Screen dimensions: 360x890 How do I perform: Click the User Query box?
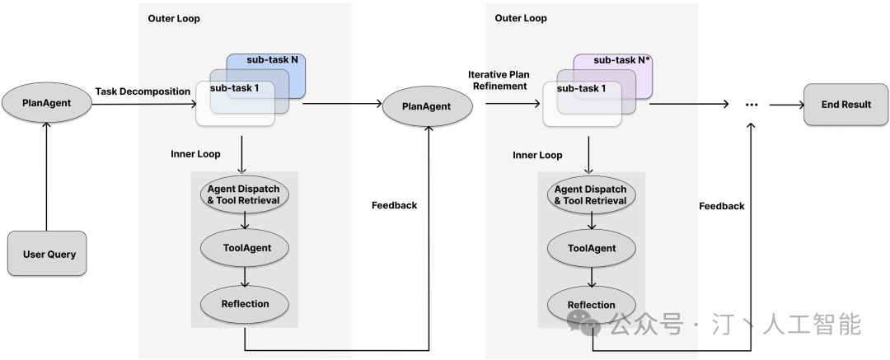46,254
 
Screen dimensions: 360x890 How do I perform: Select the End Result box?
845,105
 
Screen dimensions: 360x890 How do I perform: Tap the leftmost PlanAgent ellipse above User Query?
46,105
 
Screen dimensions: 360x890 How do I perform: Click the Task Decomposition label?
143,91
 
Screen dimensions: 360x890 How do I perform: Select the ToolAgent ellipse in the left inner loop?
245,248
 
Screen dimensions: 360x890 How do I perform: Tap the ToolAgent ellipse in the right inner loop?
591,248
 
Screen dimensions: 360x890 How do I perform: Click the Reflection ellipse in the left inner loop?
245,304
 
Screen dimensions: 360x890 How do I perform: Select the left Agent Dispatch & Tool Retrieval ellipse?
245,194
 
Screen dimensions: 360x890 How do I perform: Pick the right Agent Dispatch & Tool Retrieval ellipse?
591,194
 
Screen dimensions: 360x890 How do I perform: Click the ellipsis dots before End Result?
751,105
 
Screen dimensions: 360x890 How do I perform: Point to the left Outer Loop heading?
174,18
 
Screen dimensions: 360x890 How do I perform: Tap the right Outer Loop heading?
521,18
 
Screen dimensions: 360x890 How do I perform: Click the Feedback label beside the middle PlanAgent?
395,205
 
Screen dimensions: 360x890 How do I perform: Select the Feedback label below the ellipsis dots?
721,206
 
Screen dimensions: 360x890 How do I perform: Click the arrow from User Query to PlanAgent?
46,177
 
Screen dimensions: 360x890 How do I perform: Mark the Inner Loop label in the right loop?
537,155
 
